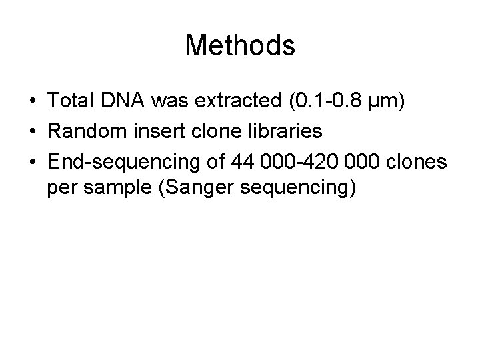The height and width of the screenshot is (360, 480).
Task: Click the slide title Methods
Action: point(240,46)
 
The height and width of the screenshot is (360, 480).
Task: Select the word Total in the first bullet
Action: point(71,103)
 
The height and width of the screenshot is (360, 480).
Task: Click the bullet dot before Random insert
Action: point(32,133)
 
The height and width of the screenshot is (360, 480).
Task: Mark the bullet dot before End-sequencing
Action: point(32,161)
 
